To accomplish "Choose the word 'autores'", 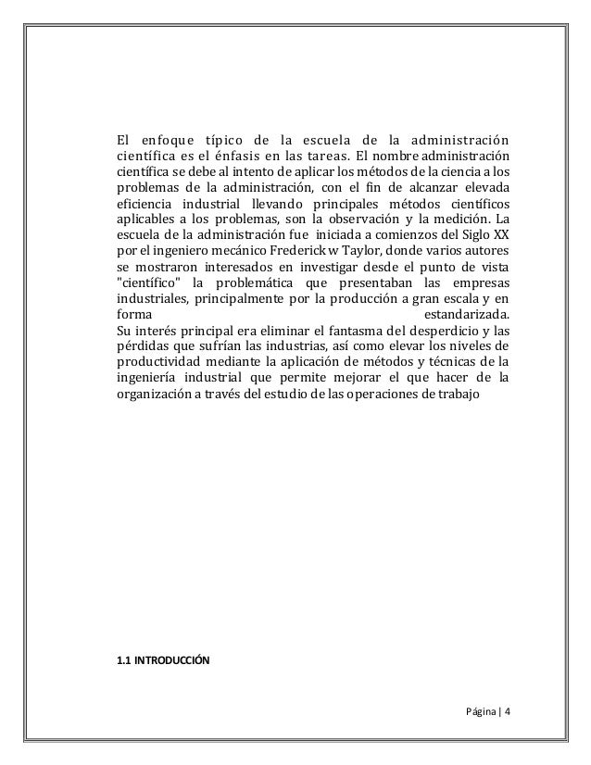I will pyautogui.click(x=484, y=252).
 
